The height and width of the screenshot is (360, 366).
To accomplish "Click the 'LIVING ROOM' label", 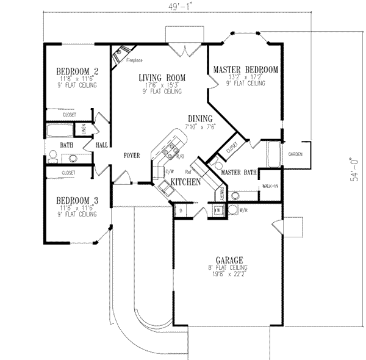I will (161, 77).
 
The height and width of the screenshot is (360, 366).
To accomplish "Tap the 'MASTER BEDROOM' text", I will (246, 70).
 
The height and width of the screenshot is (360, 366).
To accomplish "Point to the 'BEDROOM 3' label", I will (77, 200).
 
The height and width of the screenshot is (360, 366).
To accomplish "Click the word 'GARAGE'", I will (226, 259).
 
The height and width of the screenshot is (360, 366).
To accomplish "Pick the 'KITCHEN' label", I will (186, 182).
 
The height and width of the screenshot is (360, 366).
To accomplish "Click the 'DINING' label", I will (200, 118).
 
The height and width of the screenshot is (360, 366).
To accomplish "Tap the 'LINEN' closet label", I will (84, 129).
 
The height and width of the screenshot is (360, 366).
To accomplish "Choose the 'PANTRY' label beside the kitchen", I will (221, 193).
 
